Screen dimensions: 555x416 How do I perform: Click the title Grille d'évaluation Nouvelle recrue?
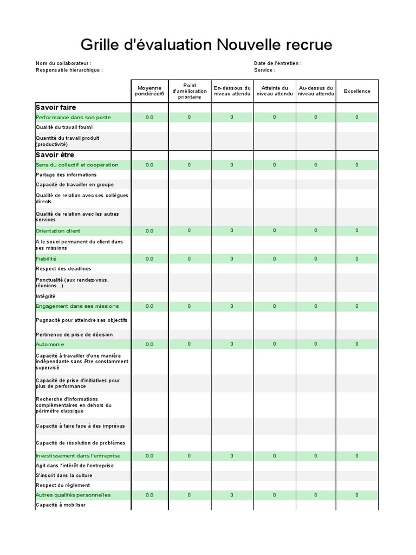tap(206, 44)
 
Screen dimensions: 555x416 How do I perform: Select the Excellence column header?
tap(357, 91)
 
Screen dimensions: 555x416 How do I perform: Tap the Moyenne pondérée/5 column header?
tap(149, 91)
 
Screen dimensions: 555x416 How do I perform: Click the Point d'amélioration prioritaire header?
tap(189, 91)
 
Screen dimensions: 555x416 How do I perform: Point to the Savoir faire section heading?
tap(56, 107)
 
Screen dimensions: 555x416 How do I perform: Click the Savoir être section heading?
tap(55, 155)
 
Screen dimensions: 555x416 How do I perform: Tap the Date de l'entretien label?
tap(277, 63)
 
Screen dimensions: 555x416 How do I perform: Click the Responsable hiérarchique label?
tap(69, 70)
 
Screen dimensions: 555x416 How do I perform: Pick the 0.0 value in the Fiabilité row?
tap(149, 259)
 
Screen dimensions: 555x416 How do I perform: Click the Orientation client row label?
tap(58, 231)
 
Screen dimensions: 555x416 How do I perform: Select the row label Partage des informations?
tap(66, 175)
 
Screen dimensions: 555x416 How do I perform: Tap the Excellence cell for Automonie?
tap(357, 344)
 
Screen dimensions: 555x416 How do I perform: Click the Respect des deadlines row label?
tap(63, 269)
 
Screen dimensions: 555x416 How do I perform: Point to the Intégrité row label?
tap(45, 296)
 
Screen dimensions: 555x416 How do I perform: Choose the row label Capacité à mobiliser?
tap(61, 505)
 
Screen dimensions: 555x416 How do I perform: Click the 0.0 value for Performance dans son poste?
tap(149, 118)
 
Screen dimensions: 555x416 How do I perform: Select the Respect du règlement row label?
tap(63, 485)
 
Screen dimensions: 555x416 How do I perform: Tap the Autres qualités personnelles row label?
tap(73, 495)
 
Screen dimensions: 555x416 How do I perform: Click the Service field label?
tap(264, 70)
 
